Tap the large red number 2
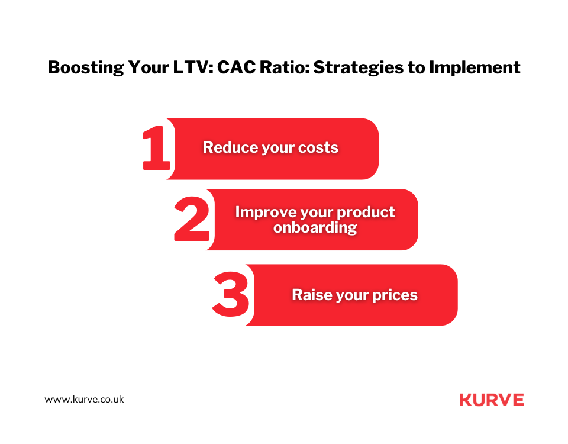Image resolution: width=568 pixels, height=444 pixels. [x=192, y=218]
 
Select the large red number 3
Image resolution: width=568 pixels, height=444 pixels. [x=231, y=294]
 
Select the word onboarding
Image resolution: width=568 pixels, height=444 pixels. [x=315, y=227]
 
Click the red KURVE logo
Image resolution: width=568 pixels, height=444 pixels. [x=492, y=400]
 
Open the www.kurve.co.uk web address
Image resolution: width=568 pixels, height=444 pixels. [x=84, y=400]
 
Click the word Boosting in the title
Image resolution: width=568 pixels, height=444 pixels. [x=86, y=67]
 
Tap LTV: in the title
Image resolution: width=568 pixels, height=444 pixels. [x=193, y=67]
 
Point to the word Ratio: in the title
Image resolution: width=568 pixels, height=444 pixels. [x=285, y=67]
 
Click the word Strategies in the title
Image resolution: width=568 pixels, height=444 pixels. [x=359, y=67]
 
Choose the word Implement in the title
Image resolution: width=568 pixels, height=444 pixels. [x=475, y=67]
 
